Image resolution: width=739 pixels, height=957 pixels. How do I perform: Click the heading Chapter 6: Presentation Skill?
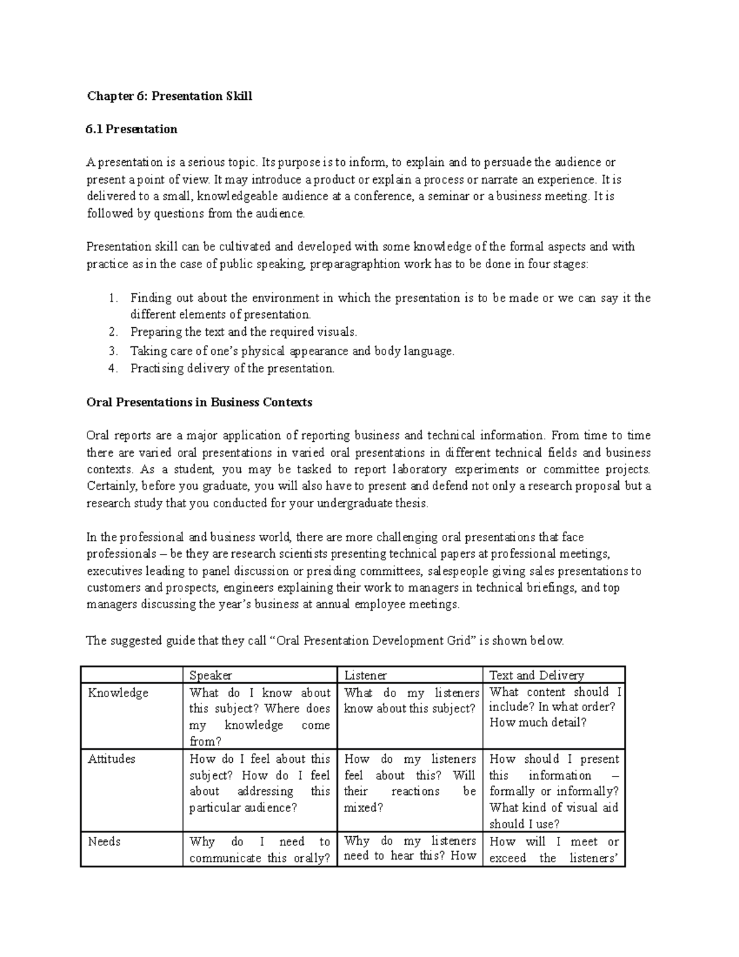[169, 96]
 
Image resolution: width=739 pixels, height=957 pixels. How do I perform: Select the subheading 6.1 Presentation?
[132, 129]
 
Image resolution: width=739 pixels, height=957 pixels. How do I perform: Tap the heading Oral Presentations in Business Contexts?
[199, 403]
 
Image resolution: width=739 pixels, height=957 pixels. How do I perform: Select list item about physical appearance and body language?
[292, 351]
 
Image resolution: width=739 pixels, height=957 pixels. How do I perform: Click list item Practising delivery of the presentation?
[232, 369]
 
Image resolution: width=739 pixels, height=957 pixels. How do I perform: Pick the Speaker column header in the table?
[211, 675]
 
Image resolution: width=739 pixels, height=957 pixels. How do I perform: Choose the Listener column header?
[365, 675]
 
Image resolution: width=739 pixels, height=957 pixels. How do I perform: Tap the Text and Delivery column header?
[536, 675]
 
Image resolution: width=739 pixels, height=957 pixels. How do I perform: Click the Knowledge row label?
[118, 693]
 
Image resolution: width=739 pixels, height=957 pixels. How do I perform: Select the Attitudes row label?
[111, 759]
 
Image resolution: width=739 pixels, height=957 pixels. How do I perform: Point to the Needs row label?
[104, 842]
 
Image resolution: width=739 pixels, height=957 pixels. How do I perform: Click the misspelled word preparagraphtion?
[354, 264]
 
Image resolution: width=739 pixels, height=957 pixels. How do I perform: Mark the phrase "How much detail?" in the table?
[538, 723]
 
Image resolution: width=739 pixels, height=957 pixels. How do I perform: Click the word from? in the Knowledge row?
[205, 742]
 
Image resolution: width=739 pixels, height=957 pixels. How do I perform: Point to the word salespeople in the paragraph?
[456, 571]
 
